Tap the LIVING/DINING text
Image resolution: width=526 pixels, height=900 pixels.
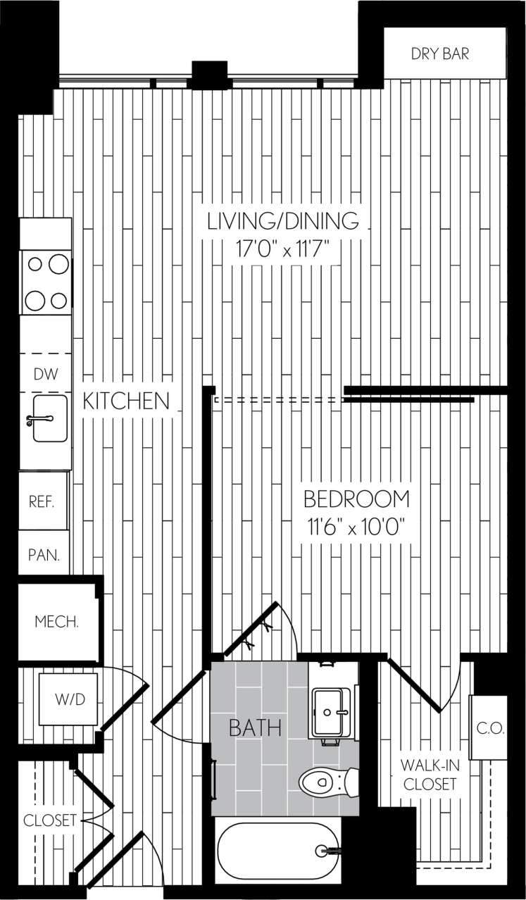point(282,220)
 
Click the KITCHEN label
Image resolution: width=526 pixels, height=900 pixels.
point(126,401)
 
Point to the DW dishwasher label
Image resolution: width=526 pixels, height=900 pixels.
point(46,375)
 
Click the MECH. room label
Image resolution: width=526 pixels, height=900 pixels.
point(56,623)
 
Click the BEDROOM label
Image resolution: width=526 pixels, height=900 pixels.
point(356,499)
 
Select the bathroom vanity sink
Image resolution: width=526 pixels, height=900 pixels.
point(330,711)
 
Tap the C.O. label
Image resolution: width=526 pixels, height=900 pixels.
point(489,728)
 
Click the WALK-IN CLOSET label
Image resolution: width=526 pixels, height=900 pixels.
point(429,775)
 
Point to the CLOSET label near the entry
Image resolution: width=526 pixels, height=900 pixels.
point(49,820)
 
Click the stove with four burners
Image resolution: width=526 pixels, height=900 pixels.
point(46,282)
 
